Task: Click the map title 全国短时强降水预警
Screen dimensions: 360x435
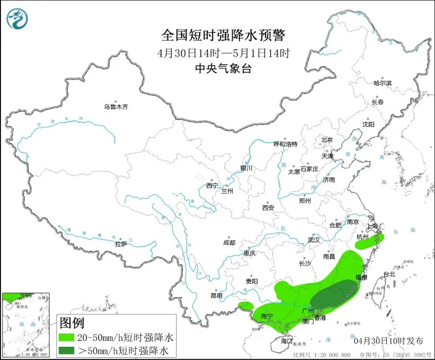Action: point(223,36)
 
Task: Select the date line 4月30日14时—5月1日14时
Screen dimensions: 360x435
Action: point(223,53)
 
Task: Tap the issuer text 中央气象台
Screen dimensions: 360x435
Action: point(223,68)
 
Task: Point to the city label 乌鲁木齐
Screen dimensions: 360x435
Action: point(116,107)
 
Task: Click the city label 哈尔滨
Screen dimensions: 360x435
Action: point(382,83)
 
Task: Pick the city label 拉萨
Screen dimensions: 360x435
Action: point(121,244)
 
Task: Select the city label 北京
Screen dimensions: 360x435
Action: point(326,140)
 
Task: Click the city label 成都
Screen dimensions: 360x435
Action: point(229,243)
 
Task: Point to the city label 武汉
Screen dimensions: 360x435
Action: point(314,240)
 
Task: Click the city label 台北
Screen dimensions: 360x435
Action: point(389,275)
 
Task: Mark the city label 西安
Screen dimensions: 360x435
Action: point(268,208)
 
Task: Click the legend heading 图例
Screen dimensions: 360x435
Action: point(72,322)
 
